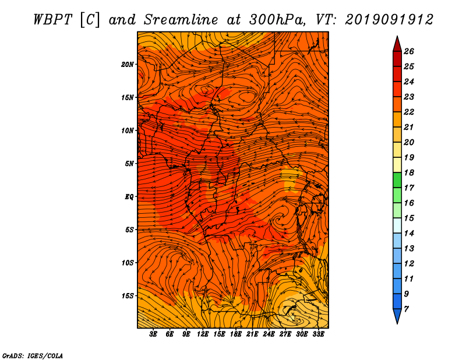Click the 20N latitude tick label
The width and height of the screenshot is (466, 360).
pos(128,65)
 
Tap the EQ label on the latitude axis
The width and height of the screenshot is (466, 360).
pos(129,197)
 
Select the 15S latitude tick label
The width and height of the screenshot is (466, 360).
pos(128,296)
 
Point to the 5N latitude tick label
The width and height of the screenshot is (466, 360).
pos(129,164)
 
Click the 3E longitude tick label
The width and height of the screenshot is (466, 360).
pos(153,334)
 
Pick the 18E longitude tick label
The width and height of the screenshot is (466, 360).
pos(236,334)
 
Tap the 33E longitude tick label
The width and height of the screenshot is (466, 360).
pos(318,334)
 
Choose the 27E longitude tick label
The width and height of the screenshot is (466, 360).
pos(285,334)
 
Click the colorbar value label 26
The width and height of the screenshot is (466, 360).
pos(409,51)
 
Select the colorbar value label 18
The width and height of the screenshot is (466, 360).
pos(409,172)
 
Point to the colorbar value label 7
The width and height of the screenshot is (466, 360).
pos(406,309)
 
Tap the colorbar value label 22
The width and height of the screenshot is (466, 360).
pos(409,112)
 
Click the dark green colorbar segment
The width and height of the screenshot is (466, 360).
pos(397,180)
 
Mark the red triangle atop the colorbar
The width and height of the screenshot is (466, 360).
pos(397,45)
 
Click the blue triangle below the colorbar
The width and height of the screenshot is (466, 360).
pos(397,316)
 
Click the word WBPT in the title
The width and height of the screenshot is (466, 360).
pos(52,20)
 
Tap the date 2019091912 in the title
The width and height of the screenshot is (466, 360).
pos(389,20)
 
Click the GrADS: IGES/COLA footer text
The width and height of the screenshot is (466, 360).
pos(33,356)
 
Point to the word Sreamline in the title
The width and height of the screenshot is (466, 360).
pos(181,20)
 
